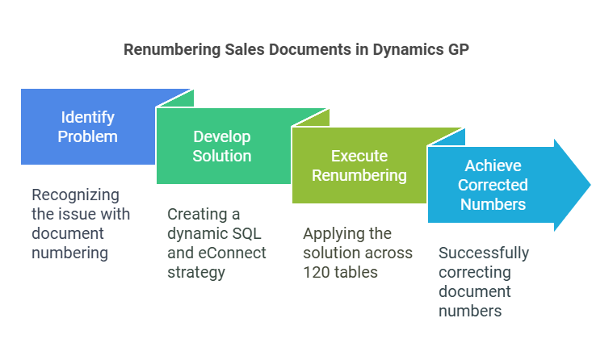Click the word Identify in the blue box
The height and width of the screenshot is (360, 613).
tap(86, 117)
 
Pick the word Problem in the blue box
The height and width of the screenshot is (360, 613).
tap(86, 136)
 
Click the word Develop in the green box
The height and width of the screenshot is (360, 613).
tap(221, 136)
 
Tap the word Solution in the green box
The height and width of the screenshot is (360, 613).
tap(221, 156)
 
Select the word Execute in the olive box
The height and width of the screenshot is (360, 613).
tap(360, 156)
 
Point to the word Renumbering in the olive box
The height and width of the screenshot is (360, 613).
tap(360, 175)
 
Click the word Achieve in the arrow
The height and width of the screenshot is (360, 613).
tap(493, 165)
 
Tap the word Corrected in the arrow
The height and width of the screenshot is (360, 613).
tap(493, 185)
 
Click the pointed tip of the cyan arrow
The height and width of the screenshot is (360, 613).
tap(590, 185)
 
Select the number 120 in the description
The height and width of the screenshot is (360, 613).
tap(317, 272)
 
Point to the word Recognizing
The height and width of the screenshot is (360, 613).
tap(75, 195)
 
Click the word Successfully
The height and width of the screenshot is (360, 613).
tap(484, 253)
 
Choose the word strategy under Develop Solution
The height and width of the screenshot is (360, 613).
tap(196, 272)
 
